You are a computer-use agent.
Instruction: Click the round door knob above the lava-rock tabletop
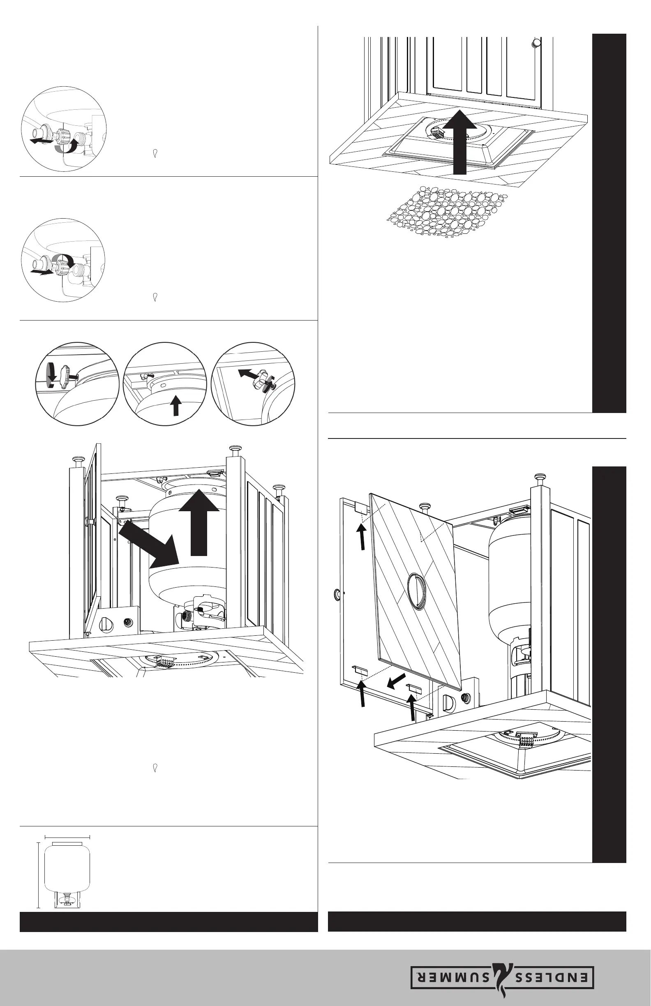536,43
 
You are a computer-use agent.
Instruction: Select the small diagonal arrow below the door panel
396,681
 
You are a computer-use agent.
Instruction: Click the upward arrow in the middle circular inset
176,405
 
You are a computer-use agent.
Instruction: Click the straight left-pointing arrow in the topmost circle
41,139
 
